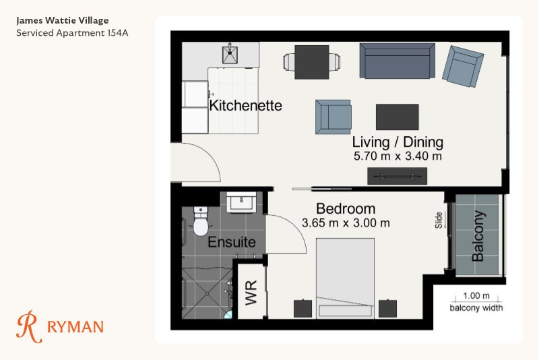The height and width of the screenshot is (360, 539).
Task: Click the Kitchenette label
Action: coord(245,106)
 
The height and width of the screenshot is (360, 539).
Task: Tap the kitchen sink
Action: coord(230,54)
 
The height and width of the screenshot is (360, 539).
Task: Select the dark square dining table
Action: coord(312,62)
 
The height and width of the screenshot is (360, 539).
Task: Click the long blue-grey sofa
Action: coord(397,61)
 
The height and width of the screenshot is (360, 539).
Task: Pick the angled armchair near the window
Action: coord(463,66)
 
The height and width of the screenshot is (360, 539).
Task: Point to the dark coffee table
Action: coord(397,117)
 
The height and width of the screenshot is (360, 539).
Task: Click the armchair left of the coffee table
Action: coord(333,117)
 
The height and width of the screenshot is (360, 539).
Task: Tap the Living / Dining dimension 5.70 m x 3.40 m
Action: coord(398,156)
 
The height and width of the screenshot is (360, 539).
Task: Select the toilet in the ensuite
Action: coord(201,221)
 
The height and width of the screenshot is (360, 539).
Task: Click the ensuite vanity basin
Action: coord(241,202)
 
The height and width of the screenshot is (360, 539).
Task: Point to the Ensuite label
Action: coord(232,242)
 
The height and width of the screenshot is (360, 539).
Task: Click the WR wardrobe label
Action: coord(251,293)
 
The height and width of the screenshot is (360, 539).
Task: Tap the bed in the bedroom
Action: coord(345,278)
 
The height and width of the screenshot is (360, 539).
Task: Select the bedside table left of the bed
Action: coord(303,308)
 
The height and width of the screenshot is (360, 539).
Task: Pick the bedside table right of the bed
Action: coord(388,308)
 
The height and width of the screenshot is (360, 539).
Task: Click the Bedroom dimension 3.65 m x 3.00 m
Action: coord(346,223)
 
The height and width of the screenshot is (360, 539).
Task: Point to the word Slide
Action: coord(439,220)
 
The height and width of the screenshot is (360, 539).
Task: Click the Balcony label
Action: coord(478,236)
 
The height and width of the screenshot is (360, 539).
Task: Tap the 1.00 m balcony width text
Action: coord(476,296)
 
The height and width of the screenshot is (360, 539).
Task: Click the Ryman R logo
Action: coord(29,327)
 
